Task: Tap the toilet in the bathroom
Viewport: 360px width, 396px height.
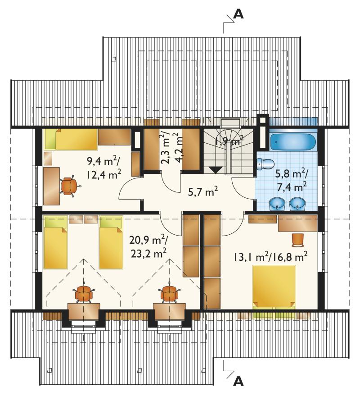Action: [x=265, y=164]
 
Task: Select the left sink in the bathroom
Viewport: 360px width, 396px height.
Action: [x=277, y=204]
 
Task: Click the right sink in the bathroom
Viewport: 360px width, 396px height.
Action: [x=297, y=204]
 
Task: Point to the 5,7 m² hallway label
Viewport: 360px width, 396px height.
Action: [x=203, y=192]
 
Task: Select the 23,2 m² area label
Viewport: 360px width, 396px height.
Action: [x=148, y=254]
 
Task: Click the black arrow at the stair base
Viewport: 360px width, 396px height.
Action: [x=216, y=170]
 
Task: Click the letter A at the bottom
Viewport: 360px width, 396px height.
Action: [x=238, y=381]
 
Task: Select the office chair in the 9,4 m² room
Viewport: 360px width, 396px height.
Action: [x=70, y=186]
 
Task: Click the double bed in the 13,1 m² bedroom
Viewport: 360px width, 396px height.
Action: [x=274, y=287]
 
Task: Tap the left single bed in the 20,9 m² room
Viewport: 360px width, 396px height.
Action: [x=56, y=242]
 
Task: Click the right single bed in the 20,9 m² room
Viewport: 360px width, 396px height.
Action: [x=111, y=242]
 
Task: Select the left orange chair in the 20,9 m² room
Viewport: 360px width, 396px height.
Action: [x=84, y=293]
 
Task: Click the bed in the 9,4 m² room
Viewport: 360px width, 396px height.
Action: [x=72, y=139]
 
